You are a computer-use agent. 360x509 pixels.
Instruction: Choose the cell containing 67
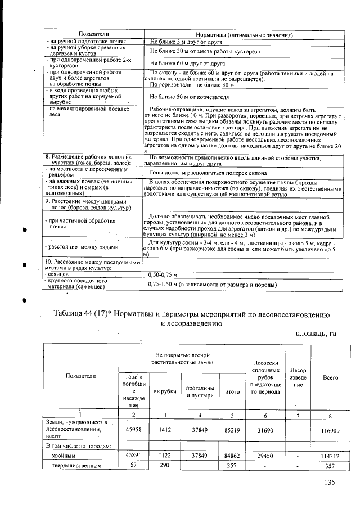tap(133, 466)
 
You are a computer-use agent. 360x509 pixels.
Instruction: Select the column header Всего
tap(325, 377)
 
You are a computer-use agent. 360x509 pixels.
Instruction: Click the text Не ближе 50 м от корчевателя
tap(185, 97)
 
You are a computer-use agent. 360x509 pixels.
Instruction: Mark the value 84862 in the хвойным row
tap(228, 456)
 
